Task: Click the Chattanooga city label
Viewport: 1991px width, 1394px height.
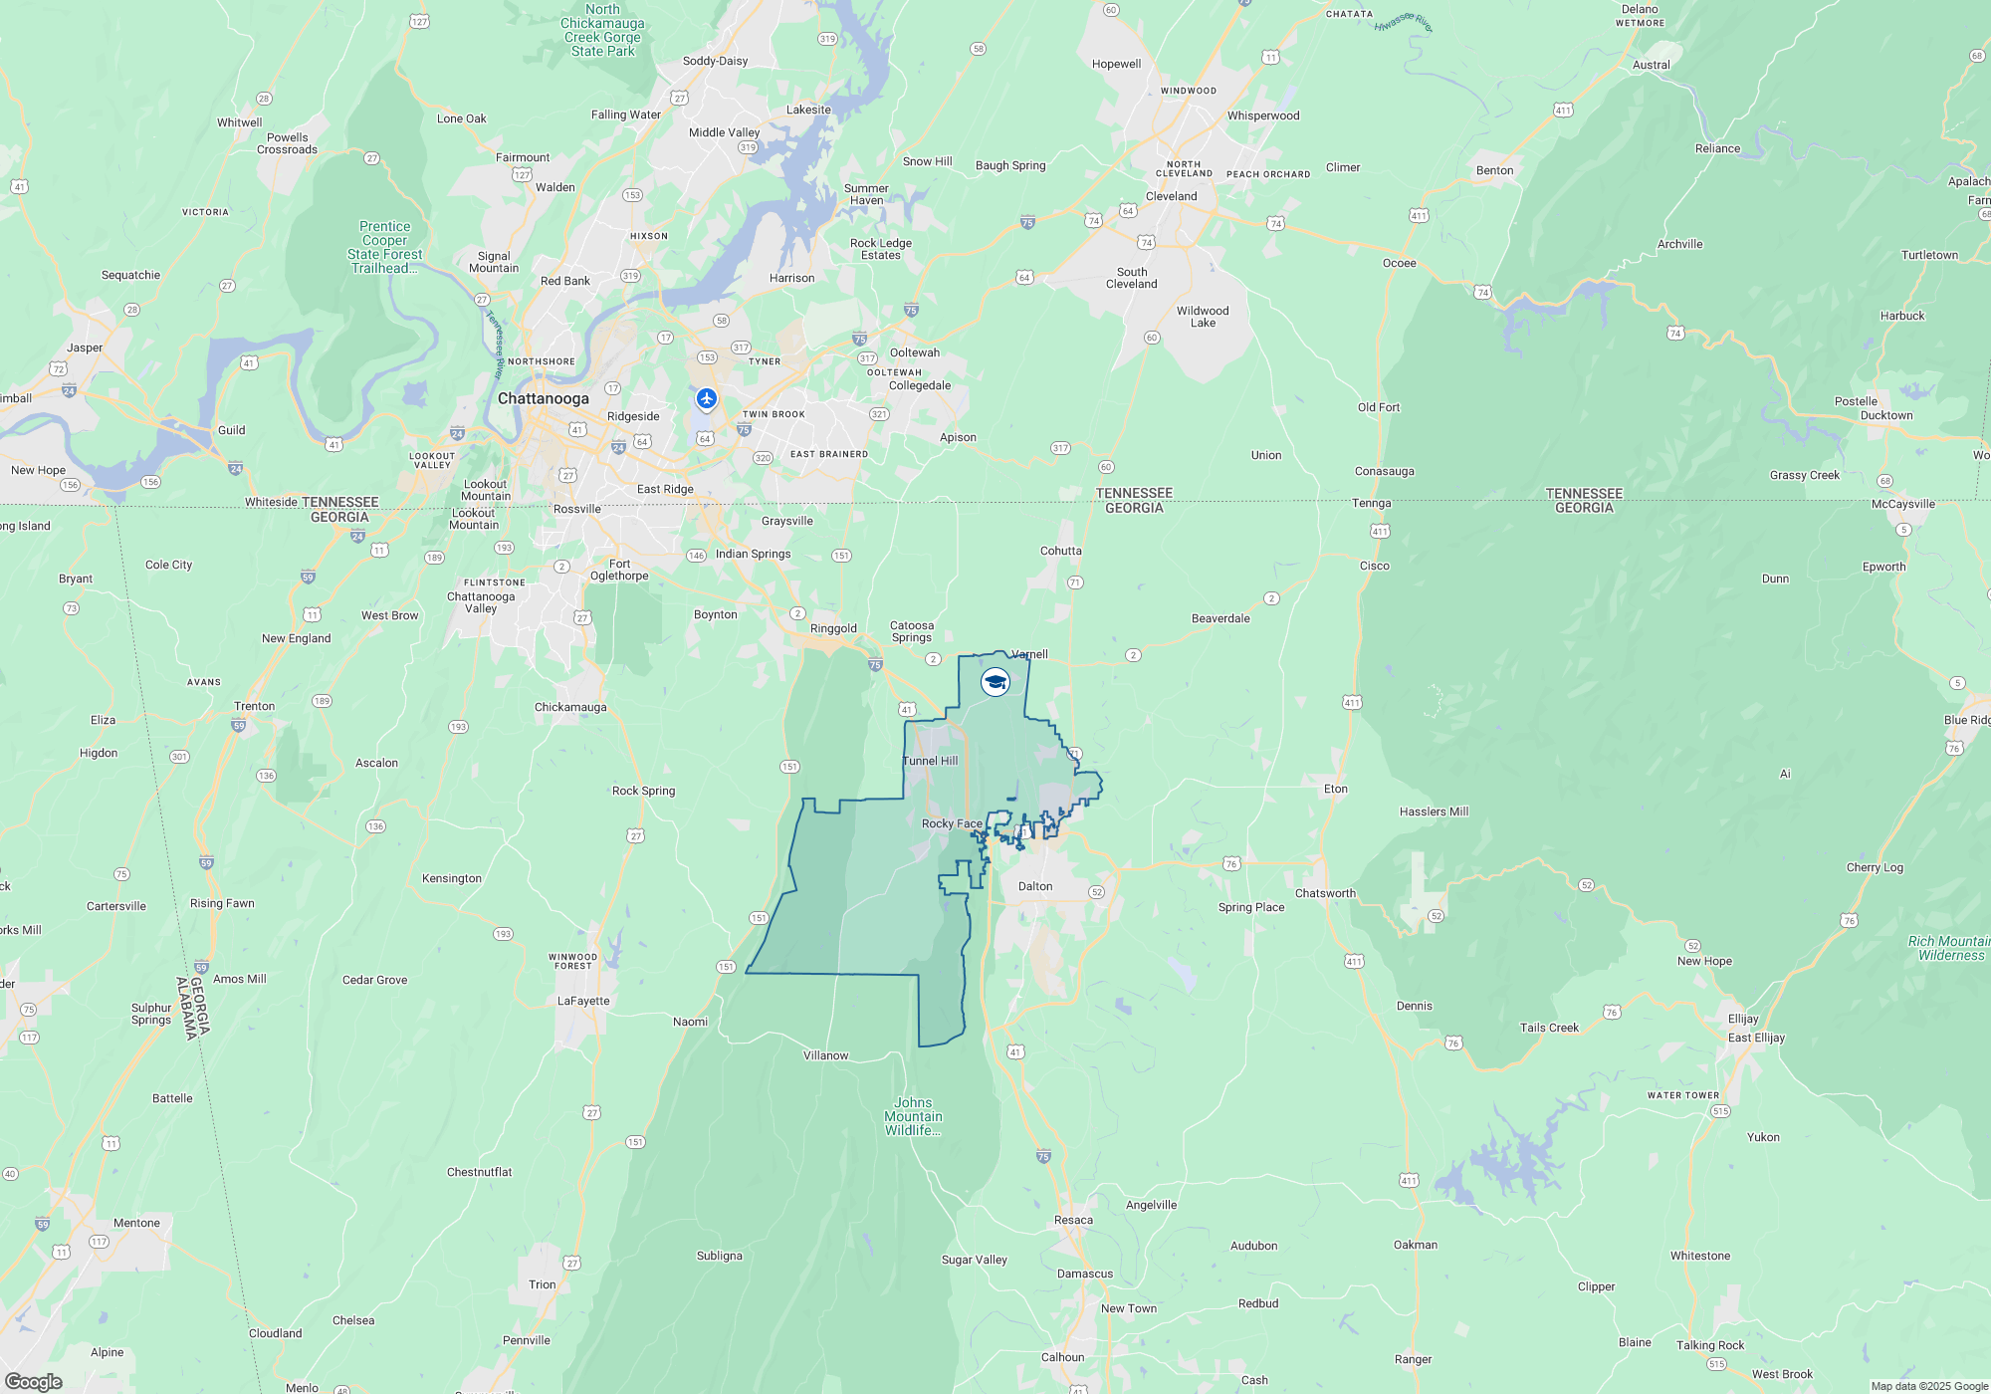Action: pyautogui.click(x=543, y=398)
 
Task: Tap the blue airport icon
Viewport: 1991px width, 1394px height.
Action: pyautogui.click(x=707, y=399)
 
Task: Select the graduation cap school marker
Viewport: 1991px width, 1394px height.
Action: pyautogui.click(x=995, y=682)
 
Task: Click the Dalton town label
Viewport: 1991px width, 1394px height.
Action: pyautogui.click(x=1034, y=886)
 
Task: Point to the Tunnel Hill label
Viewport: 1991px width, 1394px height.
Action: pyautogui.click(x=930, y=761)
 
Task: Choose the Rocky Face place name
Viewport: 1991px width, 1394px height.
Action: pyautogui.click(x=952, y=823)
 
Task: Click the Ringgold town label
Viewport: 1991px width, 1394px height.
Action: pyautogui.click(x=833, y=628)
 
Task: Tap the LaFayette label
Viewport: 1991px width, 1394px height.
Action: pyautogui.click(x=583, y=1001)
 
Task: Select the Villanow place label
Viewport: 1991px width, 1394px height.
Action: pyautogui.click(x=825, y=1055)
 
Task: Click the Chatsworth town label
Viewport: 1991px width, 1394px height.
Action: pyautogui.click(x=1325, y=893)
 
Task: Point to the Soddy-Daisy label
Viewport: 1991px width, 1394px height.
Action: pyautogui.click(x=715, y=61)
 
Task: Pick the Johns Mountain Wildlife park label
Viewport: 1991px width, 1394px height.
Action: pyautogui.click(x=913, y=1116)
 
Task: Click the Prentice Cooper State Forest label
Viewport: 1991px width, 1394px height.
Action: pyautogui.click(x=384, y=247)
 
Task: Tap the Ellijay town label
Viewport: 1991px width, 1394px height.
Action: pyautogui.click(x=1743, y=1019)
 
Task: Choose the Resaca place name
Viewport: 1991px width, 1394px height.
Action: pyautogui.click(x=1073, y=1220)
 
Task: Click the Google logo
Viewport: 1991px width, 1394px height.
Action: pyautogui.click(x=34, y=1381)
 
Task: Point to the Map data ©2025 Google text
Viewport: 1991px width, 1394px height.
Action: pyautogui.click(x=1929, y=1386)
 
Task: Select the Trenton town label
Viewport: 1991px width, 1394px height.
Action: pyautogui.click(x=254, y=706)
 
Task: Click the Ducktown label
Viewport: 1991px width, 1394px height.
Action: pyautogui.click(x=1886, y=415)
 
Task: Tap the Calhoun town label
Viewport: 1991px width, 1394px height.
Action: pyautogui.click(x=1062, y=1357)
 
